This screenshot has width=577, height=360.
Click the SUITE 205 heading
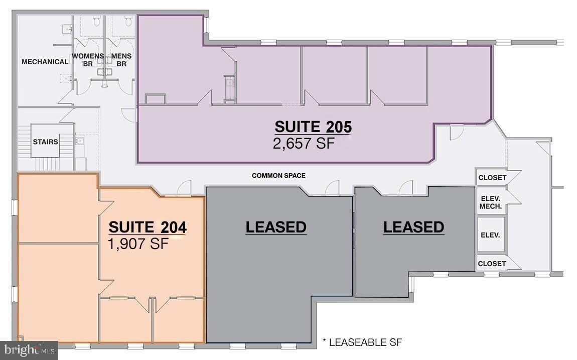(313, 127)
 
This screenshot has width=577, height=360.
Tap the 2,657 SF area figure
(304, 143)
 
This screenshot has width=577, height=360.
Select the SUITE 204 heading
(148, 227)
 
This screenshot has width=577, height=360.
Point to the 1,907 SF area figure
(138, 244)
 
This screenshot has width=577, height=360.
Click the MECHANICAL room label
(45, 62)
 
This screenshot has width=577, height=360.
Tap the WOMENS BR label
(88, 60)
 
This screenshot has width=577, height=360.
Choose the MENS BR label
(121, 60)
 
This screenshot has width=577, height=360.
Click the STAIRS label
(45, 142)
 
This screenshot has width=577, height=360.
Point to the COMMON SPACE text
(278, 176)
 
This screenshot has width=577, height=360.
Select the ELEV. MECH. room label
(491, 203)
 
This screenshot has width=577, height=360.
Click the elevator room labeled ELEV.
(491, 235)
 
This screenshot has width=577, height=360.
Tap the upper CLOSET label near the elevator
(492, 178)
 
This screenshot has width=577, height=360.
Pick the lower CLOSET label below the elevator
(492, 264)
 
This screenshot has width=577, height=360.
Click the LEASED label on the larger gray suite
(276, 227)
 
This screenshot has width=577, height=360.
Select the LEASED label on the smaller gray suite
(413, 227)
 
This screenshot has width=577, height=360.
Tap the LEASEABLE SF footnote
(365, 343)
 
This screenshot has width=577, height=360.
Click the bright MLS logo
(29, 349)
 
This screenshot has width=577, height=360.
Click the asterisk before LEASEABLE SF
(324, 341)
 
